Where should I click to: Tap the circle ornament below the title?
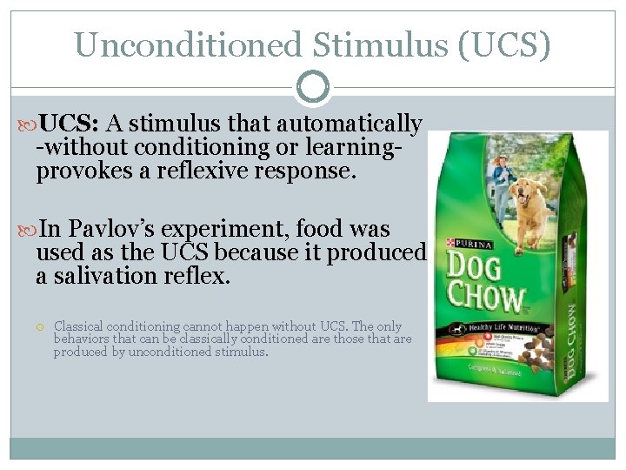coord(313,86)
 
